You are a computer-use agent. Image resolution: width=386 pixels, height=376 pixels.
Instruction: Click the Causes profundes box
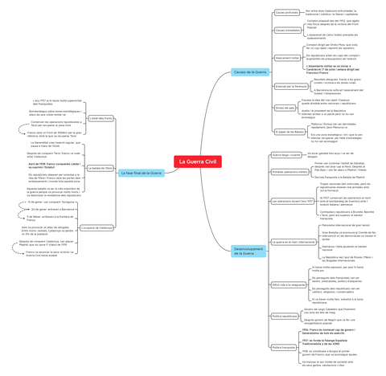tap(287, 13)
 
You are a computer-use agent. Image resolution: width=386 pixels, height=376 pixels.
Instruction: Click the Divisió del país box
tap(285, 108)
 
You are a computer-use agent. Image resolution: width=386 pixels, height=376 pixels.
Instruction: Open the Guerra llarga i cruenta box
tap(286, 154)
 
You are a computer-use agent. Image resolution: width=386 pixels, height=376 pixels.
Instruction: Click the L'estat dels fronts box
tap(101, 118)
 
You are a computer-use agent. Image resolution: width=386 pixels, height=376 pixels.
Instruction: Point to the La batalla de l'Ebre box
tap(100, 168)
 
